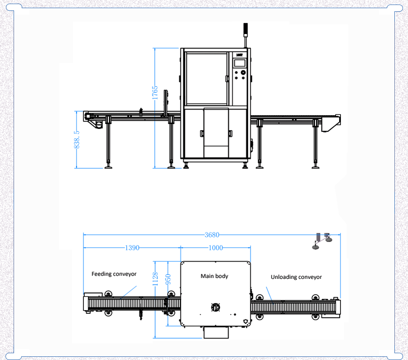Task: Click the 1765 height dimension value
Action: tap(155, 92)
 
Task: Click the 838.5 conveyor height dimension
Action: tap(77, 140)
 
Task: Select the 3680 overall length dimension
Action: tap(212, 235)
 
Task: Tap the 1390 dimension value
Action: tap(132, 248)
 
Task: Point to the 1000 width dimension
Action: tap(216, 248)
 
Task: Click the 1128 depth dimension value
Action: tap(155, 279)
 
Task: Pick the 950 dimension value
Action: tap(168, 279)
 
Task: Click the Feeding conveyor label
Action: tap(114, 274)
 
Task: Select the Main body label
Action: tap(214, 276)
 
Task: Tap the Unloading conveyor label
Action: tap(296, 277)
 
